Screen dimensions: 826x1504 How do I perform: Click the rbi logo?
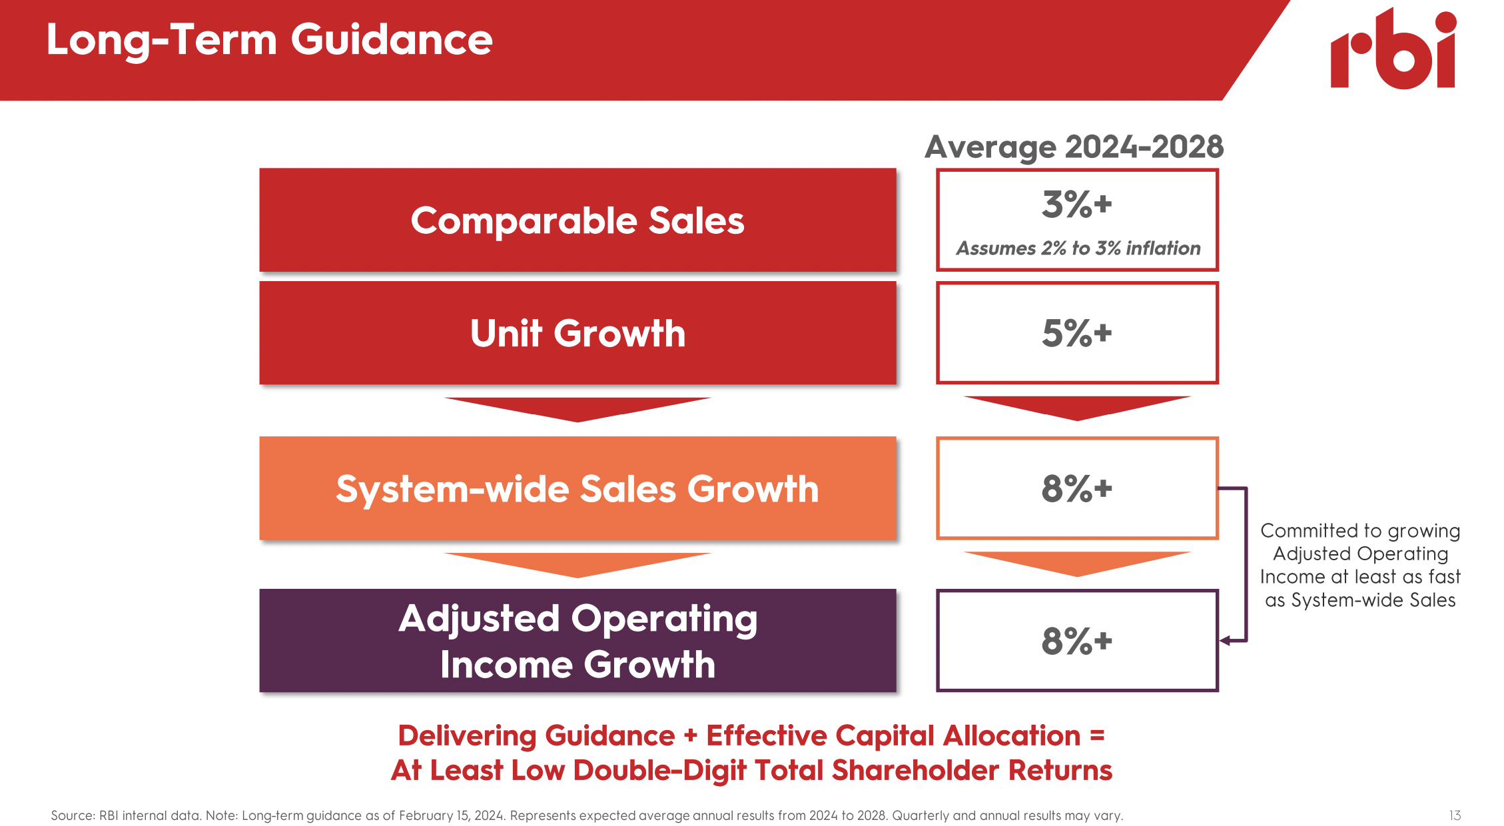[1393, 50]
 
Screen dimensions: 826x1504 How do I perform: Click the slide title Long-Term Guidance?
[269, 40]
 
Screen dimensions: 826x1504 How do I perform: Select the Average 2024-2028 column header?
[1074, 147]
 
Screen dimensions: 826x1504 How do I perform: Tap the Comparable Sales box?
[577, 220]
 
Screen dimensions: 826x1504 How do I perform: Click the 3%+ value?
[1076, 205]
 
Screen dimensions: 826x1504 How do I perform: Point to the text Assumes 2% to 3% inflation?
[1078, 248]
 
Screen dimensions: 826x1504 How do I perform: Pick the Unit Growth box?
[577, 333]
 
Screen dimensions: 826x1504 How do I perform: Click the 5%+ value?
[1076, 333]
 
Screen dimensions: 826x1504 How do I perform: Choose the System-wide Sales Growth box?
[577, 488]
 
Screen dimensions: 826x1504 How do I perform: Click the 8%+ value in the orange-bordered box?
[1076, 488]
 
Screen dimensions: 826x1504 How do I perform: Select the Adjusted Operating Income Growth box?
[577, 641]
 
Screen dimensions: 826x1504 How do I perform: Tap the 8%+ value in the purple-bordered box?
[1076, 641]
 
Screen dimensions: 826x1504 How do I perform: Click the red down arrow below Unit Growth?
[577, 408]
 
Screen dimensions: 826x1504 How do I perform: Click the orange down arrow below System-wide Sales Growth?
[577, 564]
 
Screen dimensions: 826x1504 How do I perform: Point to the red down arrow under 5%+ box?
[1076, 407]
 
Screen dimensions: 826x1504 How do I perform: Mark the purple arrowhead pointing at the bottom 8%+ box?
[1224, 641]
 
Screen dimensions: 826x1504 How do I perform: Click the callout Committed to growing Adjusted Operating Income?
[1359, 565]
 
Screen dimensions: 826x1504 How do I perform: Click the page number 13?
[1455, 815]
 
